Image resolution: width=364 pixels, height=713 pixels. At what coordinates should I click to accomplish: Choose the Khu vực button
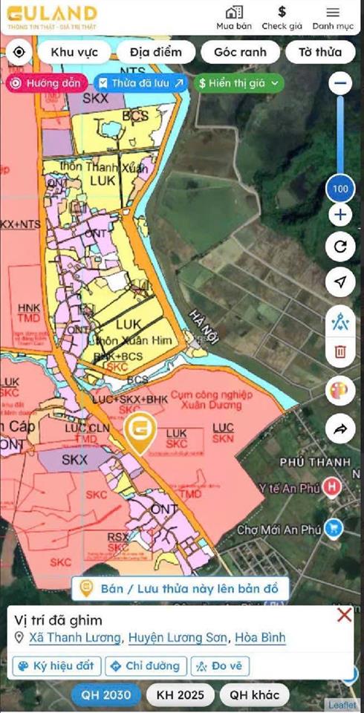pyautogui.click(x=74, y=52)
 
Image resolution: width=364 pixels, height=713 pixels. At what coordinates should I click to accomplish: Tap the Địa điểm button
pyautogui.click(x=156, y=52)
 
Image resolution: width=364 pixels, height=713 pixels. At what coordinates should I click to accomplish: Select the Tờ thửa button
pyautogui.click(x=320, y=52)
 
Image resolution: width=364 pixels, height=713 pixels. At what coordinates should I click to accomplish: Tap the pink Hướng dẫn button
pyautogui.click(x=47, y=83)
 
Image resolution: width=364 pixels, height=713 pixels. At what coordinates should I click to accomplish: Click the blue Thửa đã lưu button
pyautogui.click(x=141, y=83)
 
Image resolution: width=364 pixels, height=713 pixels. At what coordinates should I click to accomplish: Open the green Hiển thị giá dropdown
pyautogui.click(x=240, y=83)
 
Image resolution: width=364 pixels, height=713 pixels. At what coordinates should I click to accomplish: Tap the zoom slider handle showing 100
pyautogui.click(x=340, y=189)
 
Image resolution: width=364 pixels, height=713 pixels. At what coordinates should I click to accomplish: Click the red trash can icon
pyautogui.click(x=340, y=351)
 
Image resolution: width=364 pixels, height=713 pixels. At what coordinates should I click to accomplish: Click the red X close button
pyautogui.click(x=344, y=615)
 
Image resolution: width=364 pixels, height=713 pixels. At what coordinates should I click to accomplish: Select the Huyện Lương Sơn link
pyautogui.click(x=178, y=638)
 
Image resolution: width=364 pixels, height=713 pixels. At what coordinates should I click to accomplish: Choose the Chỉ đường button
pyautogui.click(x=146, y=665)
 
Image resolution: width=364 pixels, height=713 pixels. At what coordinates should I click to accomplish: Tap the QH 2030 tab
pyautogui.click(x=105, y=695)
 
